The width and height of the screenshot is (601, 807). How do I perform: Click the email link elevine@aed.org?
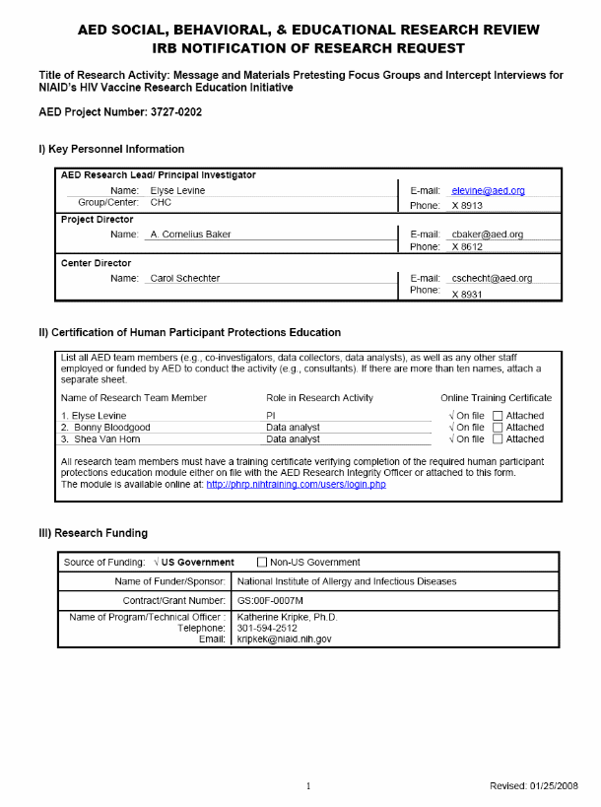[x=488, y=190]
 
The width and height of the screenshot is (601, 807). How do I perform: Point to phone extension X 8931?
[x=468, y=295]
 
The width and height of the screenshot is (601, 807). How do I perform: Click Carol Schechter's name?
[x=185, y=279]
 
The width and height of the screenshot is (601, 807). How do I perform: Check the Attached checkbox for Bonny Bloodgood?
[x=498, y=428]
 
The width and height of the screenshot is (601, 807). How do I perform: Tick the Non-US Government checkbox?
[x=262, y=563]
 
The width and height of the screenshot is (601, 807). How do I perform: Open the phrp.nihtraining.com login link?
[x=296, y=485]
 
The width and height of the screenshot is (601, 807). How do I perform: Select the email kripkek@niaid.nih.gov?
[x=284, y=639]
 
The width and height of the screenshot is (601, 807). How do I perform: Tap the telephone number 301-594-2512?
[x=267, y=629]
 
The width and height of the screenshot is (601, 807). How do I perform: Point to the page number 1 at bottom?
[x=308, y=785]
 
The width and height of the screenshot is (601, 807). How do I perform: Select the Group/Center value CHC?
[x=161, y=201]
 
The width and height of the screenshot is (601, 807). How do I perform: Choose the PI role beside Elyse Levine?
[x=272, y=416]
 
